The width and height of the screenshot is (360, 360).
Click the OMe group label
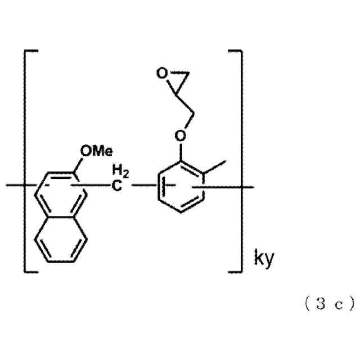(96, 150)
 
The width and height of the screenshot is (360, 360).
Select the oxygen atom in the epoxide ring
(161, 73)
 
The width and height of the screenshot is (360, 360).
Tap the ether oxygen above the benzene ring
(179, 136)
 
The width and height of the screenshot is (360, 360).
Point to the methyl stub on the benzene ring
(218, 165)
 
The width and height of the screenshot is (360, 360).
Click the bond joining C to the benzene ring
(141, 184)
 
